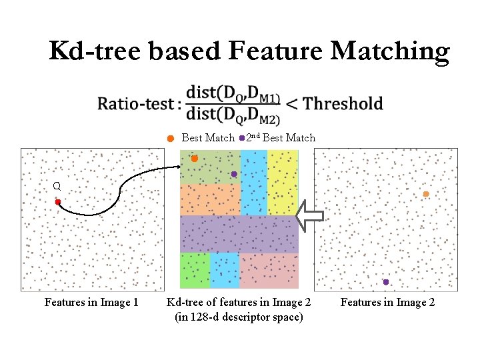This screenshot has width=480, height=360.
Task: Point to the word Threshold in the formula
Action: click(343, 103)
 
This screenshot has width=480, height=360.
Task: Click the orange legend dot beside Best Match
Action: click(171, 139)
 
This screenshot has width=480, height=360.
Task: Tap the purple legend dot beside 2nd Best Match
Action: click(241, 139)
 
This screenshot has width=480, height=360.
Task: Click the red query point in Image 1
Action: click(58, 201)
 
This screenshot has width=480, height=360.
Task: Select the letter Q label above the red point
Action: click(57, 187)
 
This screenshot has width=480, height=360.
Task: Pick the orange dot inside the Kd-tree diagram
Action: click(194, 159)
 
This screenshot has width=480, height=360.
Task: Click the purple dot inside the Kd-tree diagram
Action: click(234, 174)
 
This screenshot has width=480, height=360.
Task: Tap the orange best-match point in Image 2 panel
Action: click(426, 194)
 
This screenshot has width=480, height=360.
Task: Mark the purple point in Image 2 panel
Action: click(385, 282)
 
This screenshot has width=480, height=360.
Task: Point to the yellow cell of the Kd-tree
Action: click(283, 181)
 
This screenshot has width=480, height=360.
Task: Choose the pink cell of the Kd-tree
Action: click(268, 270)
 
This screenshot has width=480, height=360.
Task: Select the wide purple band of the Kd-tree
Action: click(239, 233)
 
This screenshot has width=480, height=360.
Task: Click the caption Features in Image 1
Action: click(91, 303)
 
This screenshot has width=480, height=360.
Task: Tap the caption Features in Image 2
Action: click(387, 303)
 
